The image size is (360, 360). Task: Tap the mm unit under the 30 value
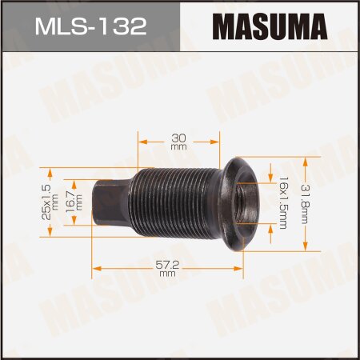tap(178, 148)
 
